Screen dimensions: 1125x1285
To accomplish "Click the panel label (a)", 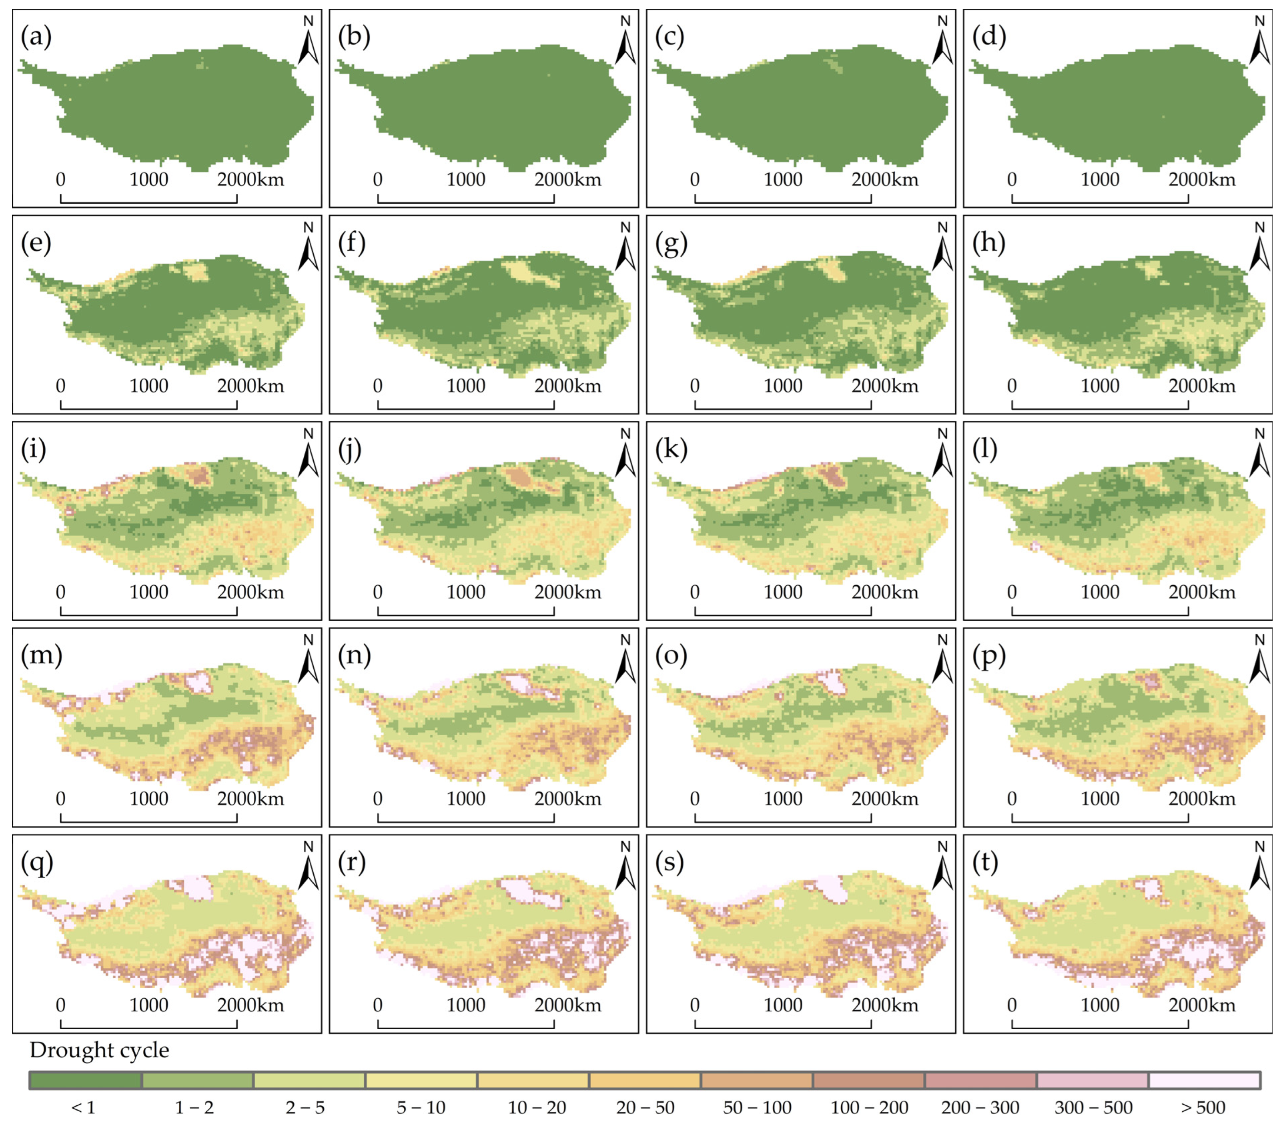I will [36, 36].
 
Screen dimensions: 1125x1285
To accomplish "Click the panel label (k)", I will [670, 449].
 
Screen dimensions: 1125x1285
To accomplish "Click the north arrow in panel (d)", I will [1259, 43].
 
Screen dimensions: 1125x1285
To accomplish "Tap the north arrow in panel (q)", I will [308, 868].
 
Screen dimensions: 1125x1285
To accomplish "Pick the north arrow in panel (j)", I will [625, 455].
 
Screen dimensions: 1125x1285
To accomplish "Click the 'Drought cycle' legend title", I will [99, 1050].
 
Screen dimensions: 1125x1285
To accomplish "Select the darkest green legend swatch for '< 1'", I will [86, 1080].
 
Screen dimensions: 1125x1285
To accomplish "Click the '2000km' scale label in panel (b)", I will [567, 180].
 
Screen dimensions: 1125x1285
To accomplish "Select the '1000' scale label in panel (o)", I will [783, 799].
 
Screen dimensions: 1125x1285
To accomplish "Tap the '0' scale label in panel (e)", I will [60, 386].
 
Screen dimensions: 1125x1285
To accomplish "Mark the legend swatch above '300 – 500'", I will [1092, 1080].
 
